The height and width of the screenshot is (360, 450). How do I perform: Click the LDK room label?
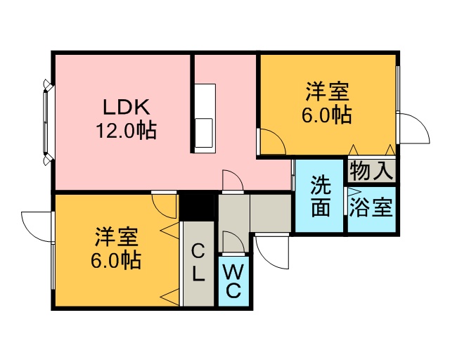tap(127, 107)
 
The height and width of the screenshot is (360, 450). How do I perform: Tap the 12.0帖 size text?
tap(127, 131)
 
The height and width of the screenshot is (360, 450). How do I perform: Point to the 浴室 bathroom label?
tap(371, 207)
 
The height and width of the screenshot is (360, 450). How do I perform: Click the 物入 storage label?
tap(371, 171)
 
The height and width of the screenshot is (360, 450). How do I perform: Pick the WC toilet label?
tap(233, 281)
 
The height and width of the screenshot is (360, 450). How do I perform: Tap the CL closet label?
tap(198, 262)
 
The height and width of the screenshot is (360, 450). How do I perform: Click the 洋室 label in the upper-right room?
tap(327, 91)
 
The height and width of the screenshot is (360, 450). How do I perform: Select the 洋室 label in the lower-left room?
tap(117, 237)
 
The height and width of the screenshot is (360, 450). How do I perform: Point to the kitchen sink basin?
tap(204, 133)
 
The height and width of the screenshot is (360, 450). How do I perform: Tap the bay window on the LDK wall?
tap(47, 122)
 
